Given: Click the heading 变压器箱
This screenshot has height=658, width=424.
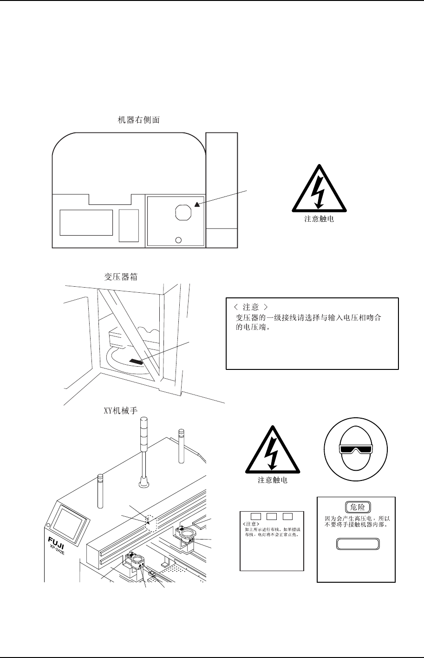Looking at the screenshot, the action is pos(118,276).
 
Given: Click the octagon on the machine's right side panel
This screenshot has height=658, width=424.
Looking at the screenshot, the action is pos(183,212).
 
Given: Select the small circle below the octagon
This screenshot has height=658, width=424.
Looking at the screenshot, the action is pos(178,240).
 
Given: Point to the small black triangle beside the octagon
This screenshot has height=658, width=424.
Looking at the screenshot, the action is pos(197,204).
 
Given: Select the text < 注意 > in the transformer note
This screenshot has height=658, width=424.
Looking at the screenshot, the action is pos(249,307).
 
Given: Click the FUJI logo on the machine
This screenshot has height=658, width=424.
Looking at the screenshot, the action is pos(55,541).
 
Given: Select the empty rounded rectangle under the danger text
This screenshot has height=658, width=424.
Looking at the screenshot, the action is pos(356,544).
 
